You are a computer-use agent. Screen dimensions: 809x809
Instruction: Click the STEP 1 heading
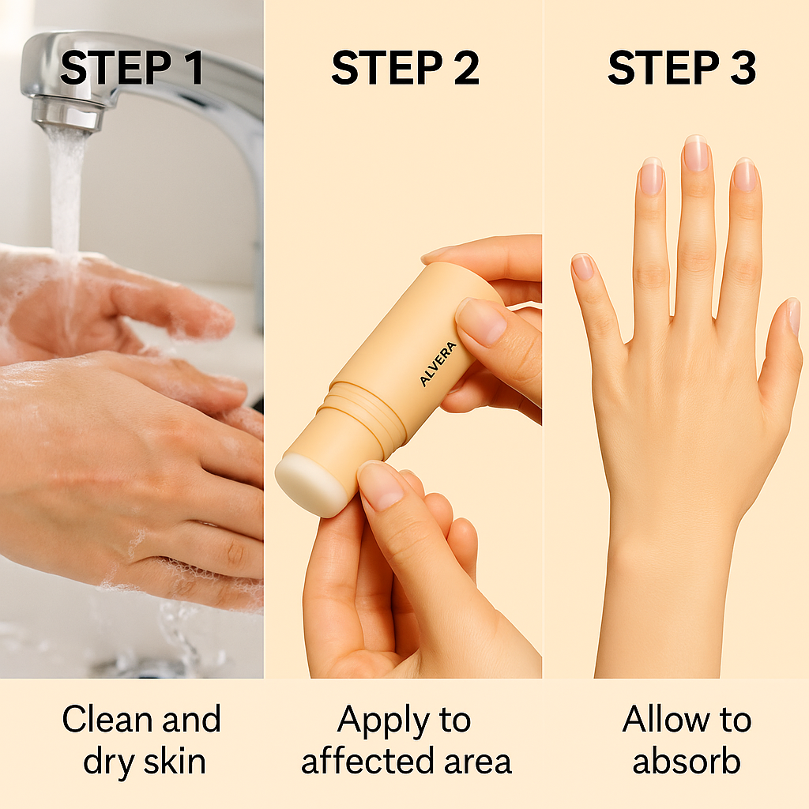click(x=132, y=70)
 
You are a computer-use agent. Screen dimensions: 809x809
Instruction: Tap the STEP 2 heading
click(x=404, y=70)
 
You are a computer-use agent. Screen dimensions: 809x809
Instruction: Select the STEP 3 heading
click(x=681, y=70)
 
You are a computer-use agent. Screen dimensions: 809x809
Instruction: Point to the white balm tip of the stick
click(x=310, y=484)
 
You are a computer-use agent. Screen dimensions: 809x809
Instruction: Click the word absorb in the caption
click(x=686, y=762)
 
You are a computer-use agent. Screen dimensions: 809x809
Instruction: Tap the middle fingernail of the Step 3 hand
click(x=696, y=154)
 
